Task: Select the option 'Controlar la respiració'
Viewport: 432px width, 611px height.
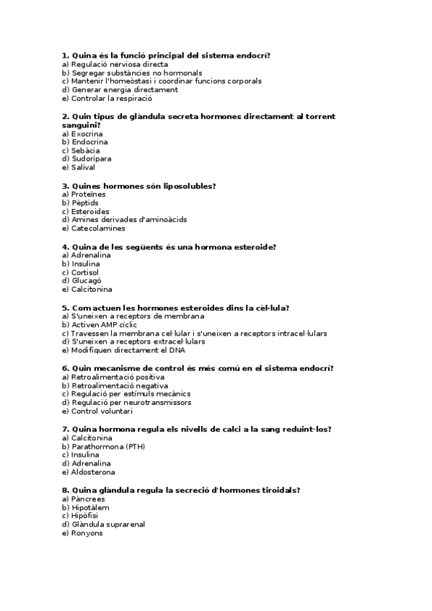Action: tap(111, 99)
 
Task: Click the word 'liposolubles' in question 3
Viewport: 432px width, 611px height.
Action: tap(190, 186)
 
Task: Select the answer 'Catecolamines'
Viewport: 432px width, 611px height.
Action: tap(98, 228)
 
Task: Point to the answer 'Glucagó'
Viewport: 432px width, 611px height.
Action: tap(87, 281)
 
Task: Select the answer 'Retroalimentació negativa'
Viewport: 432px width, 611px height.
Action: tap(119, 385)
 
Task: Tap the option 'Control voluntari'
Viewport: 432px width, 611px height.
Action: tap(102, 411)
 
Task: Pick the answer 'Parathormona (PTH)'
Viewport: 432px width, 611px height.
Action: tap(108, 447)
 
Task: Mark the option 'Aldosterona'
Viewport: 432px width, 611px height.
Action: tap(92, 473)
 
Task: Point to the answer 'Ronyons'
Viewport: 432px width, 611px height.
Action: tap(87, 533)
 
